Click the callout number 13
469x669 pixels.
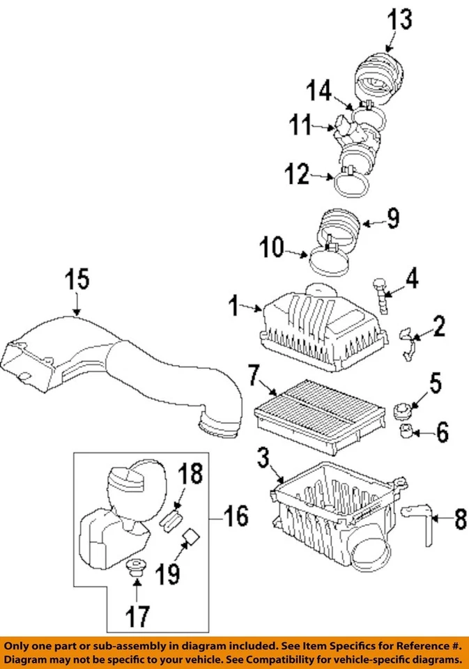tap(400, 20)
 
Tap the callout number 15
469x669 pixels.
tap(77, 279)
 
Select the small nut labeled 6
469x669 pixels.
tap(406, 432)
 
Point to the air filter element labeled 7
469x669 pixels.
tap(320, 417)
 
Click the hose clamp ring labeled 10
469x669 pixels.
tap(329, 259)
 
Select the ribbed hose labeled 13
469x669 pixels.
tap(378, 79)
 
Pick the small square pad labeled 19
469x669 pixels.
tap(190, 537)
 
